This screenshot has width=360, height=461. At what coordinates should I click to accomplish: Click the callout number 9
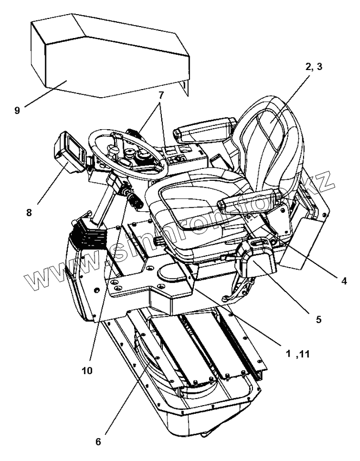click(17, 110)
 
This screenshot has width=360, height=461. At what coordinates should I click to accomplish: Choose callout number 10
click(87, 370)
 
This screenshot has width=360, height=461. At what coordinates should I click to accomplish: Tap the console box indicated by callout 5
click(258, 261)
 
